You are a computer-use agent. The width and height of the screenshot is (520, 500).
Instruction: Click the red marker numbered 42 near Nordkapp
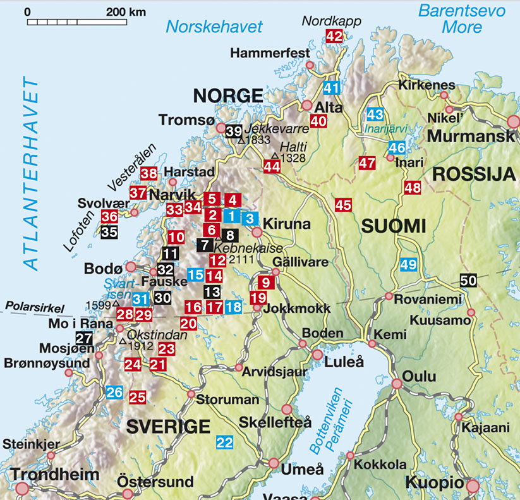pos(334,37)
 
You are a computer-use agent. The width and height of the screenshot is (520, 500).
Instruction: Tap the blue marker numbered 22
pos(224,442)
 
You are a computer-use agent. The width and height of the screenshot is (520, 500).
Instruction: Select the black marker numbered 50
pos(468,281)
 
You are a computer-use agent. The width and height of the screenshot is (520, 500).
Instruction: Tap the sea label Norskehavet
pos(214,27)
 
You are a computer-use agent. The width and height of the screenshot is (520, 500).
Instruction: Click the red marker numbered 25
pos(137,398)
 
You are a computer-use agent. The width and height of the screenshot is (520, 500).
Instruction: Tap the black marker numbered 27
pos(84,338)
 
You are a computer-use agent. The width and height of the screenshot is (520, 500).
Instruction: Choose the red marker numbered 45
pos(343,204)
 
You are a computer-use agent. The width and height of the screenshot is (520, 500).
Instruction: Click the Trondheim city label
pos(54,474)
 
